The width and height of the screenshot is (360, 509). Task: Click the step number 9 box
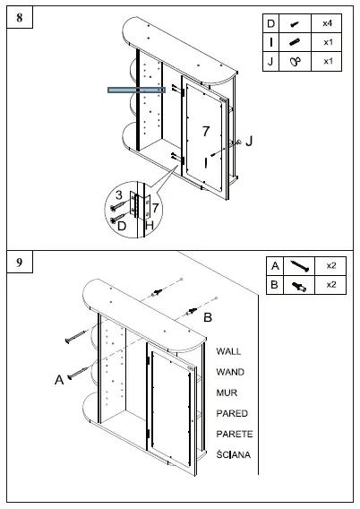20,263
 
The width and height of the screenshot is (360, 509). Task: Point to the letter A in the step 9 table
275,266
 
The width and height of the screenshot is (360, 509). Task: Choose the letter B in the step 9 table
275,284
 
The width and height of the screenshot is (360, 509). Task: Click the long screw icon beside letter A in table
300,266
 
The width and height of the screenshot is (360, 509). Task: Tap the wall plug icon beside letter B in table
300,284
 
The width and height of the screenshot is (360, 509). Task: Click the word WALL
228,352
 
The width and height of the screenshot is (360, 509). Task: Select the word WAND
230,372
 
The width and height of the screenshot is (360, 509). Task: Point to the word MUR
227,393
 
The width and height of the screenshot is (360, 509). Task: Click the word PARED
232,414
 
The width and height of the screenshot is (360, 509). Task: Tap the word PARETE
234,435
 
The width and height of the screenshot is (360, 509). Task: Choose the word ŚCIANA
234,455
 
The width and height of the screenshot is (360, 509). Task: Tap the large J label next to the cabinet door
250,141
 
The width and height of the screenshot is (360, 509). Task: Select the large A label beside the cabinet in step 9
60,380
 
